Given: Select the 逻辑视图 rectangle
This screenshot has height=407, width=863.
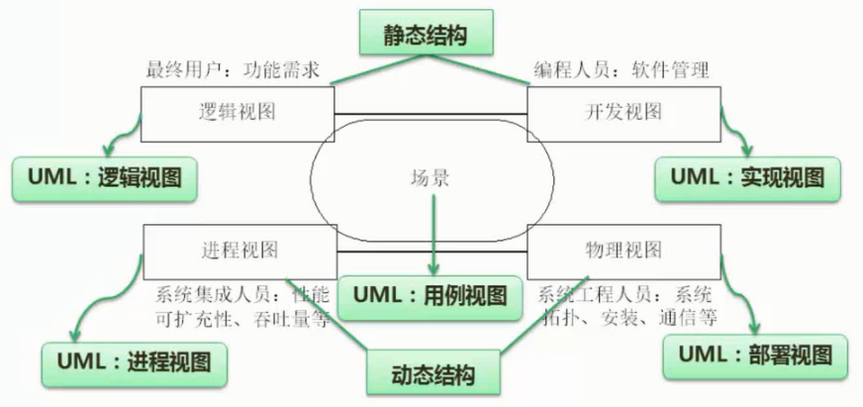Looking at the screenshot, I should pyautogui.click(x=237, y=112).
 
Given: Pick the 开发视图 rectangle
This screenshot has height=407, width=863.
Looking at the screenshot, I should pyautogui.click(x=624, y=112).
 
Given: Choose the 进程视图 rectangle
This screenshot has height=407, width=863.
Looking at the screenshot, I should pyautogui.click(x=239, y=248).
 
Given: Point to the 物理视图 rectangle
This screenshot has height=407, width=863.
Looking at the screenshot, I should pyautogui.click(x=624, y=248).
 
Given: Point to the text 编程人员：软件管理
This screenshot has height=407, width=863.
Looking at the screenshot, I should pyautogui.click(x=623, y=71).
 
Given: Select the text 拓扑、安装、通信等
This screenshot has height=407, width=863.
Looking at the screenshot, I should pyautogui.click(x=628, y=318).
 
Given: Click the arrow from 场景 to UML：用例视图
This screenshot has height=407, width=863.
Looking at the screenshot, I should pyautogui.click(x=432, y=233).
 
